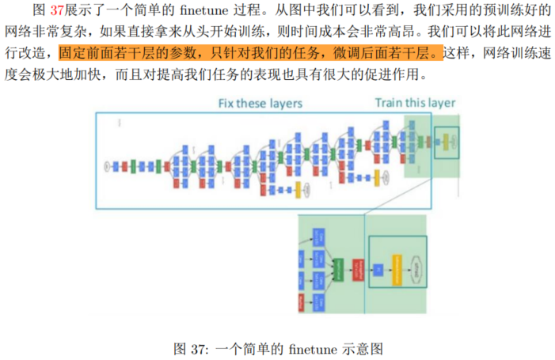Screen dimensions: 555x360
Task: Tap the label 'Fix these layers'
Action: coord(260,104)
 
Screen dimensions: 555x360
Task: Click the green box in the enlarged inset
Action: coord(341,270)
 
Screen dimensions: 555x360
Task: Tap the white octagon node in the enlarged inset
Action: coord(416,270)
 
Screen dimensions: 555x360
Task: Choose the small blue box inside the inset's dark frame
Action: coord(378,270)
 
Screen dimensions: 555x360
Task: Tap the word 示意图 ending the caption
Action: coord(367,347)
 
